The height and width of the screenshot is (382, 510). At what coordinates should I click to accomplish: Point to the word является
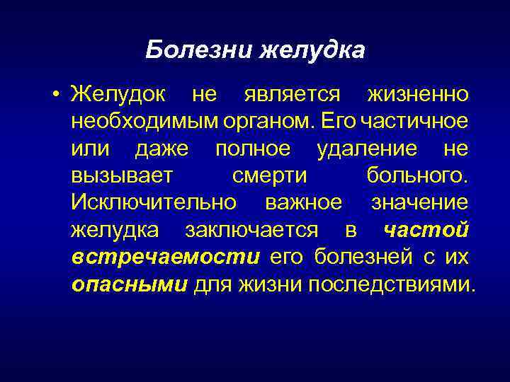click(x=292, y=93)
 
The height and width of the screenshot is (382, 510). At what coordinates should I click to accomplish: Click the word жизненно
click(x=417, y=93)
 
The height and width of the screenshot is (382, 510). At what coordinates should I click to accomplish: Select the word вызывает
click(x=118, y=175)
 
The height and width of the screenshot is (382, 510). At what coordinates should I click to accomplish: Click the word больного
click(x=417, y=175)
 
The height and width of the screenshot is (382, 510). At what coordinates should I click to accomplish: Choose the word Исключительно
click(x=154, y=202)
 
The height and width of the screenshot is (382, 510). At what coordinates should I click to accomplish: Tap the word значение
click(x=419, y=202)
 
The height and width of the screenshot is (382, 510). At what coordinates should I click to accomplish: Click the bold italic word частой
click(x=425, y=230)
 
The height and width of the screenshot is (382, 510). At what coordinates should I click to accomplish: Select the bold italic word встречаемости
click(x=166, y=257)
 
